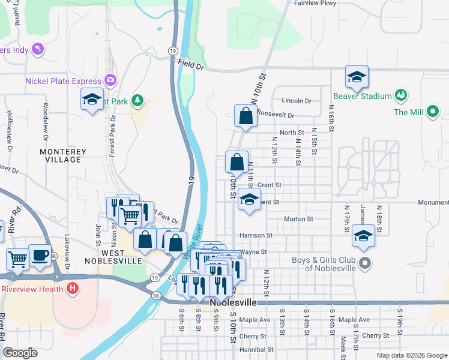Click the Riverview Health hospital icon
coord(73,289)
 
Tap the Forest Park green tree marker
coord(138,100)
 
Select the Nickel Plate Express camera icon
coord(110,80)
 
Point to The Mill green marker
coord(433,111)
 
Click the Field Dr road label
coord(191,67)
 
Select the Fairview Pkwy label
coord(314,3)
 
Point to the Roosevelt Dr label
coord(276,115)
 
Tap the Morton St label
coord(298,219)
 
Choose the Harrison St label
coord(256,236)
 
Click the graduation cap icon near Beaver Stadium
coord(357,77)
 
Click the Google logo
coord(21,353)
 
